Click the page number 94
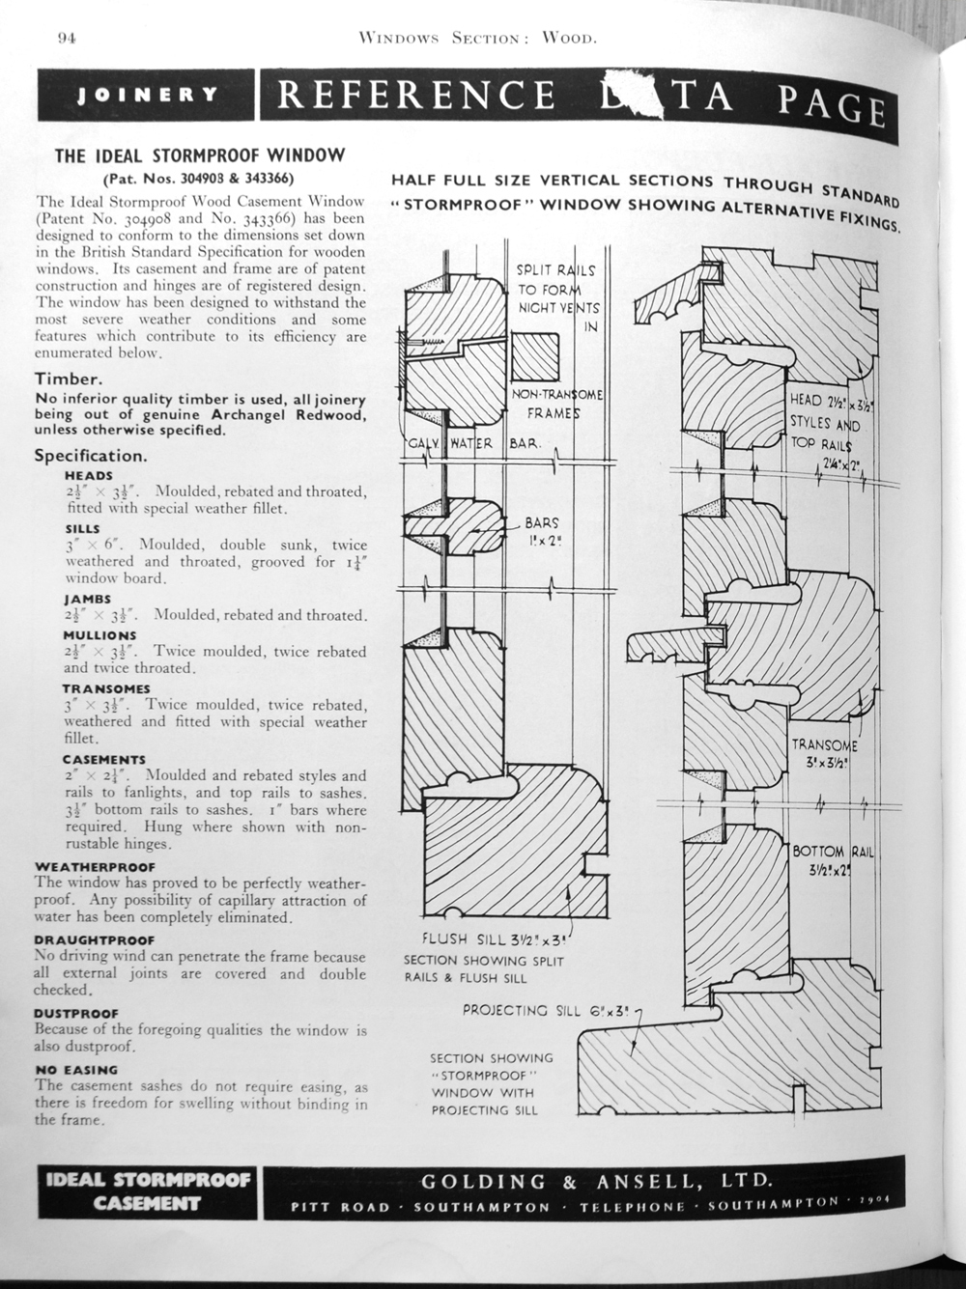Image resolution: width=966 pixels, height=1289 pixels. tap(67, 39)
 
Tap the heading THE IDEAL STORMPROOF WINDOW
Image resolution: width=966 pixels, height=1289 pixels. tap(200, 155)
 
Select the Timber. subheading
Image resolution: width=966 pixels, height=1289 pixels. tap(68, 379)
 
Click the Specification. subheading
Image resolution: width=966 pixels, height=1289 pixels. tap(91, 455)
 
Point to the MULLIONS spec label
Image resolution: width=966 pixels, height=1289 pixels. tap(99, 635)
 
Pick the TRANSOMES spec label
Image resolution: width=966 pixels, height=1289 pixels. tap(106, 688)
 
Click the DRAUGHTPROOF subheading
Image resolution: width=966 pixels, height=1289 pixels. tap(94, 939)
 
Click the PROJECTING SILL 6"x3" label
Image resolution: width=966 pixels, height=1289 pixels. tap(546, 1011)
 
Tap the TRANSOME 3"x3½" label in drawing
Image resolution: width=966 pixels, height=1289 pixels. tap(824, 753)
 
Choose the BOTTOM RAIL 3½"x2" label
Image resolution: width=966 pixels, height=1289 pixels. tap(833, 860)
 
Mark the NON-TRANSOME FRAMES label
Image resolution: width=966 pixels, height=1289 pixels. tap(557, 405)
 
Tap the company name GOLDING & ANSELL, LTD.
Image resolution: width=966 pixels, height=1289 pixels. tap(596, 1181)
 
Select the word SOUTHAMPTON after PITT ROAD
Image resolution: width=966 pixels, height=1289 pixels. tap(481, 1208)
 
